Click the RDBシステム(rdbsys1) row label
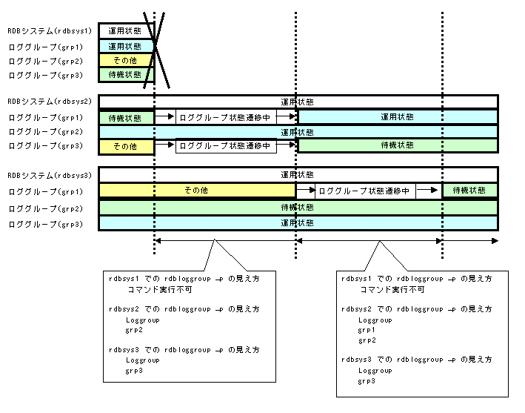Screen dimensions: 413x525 [x=49, y=32]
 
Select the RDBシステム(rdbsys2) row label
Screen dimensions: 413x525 [x=49, y=102]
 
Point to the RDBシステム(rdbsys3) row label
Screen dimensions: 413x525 [x=49, y=176]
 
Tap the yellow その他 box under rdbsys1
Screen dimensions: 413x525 [x=125, y=60]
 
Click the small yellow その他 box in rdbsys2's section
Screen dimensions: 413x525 [x=125, y=147]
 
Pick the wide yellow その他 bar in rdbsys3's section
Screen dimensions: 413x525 [x=197, y=191]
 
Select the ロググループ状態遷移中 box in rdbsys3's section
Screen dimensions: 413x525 [x=364, y=191]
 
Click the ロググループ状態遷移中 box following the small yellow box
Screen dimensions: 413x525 [x=225, y=147]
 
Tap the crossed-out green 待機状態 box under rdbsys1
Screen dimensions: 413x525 [x=125, y=75]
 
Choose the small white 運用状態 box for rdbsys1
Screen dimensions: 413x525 [x=125, y=31]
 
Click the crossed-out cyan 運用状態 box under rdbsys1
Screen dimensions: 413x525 [x=125, y=46]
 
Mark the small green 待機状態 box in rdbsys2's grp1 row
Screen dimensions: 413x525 [x=125, y=118]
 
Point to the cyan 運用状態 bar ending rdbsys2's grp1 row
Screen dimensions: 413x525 [x=397, y=117]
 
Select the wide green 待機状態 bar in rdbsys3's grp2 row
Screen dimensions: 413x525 [x=298, y=208]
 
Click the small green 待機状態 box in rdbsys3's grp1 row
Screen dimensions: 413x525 [x=469, y=191]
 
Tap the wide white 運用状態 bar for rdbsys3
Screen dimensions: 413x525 [x=298, y=175]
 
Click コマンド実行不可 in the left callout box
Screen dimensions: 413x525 [x=160, y=290]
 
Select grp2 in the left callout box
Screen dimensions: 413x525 [x=134, y=330]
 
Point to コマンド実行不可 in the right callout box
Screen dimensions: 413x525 [x=392, y=290]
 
